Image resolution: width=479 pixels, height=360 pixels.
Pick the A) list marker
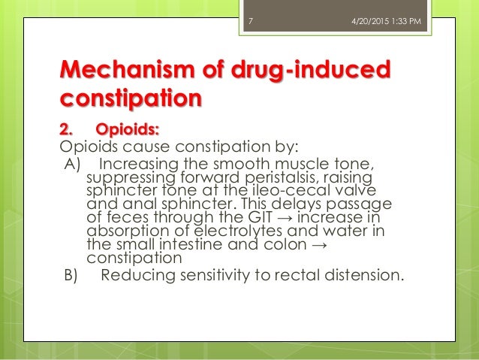click(71, 165)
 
